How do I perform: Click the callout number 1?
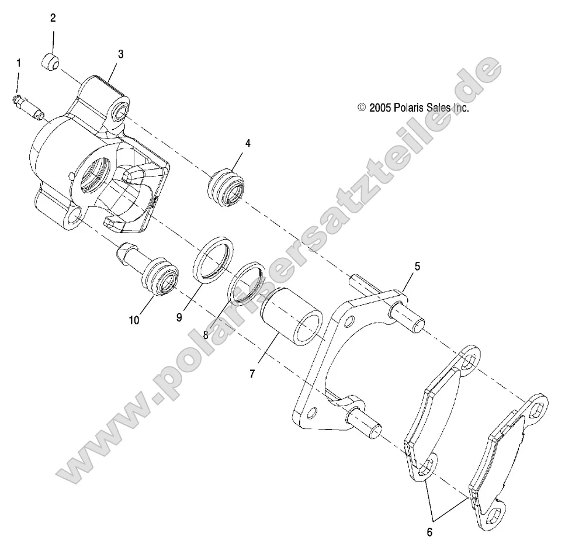(18, 62)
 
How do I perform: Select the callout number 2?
(53, 18)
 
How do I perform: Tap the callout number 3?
(121, 54)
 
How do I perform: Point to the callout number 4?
(248, 143)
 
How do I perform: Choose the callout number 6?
(430, 532)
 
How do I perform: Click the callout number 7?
(252, 373)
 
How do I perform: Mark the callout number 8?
(206, 335)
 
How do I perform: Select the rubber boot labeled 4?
(226, 189)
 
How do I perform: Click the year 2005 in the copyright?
(380, 108)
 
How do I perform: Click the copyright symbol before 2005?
(362, 108)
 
